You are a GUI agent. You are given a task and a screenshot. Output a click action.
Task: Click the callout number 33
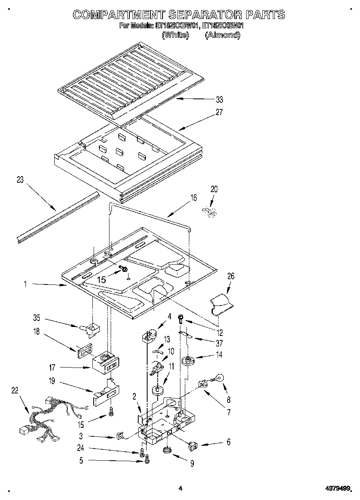click(x=219, y=100)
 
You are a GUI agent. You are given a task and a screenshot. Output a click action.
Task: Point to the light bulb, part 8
click(x=219, y=379)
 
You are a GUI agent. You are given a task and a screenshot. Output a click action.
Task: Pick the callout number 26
click(x=231, y=276)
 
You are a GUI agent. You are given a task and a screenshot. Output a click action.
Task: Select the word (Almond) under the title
click(x=223, y=35)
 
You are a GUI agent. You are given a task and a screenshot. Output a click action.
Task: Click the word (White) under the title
click(x=175, y=35)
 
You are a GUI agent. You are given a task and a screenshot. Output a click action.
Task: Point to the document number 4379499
click(x=337, y=489)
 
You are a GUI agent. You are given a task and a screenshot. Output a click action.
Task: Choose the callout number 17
click(x=52, y=368)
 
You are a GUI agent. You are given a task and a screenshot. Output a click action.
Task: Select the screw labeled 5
click(x=147, y=459)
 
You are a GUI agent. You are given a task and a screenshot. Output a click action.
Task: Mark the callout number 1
click(x=25, y=285)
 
